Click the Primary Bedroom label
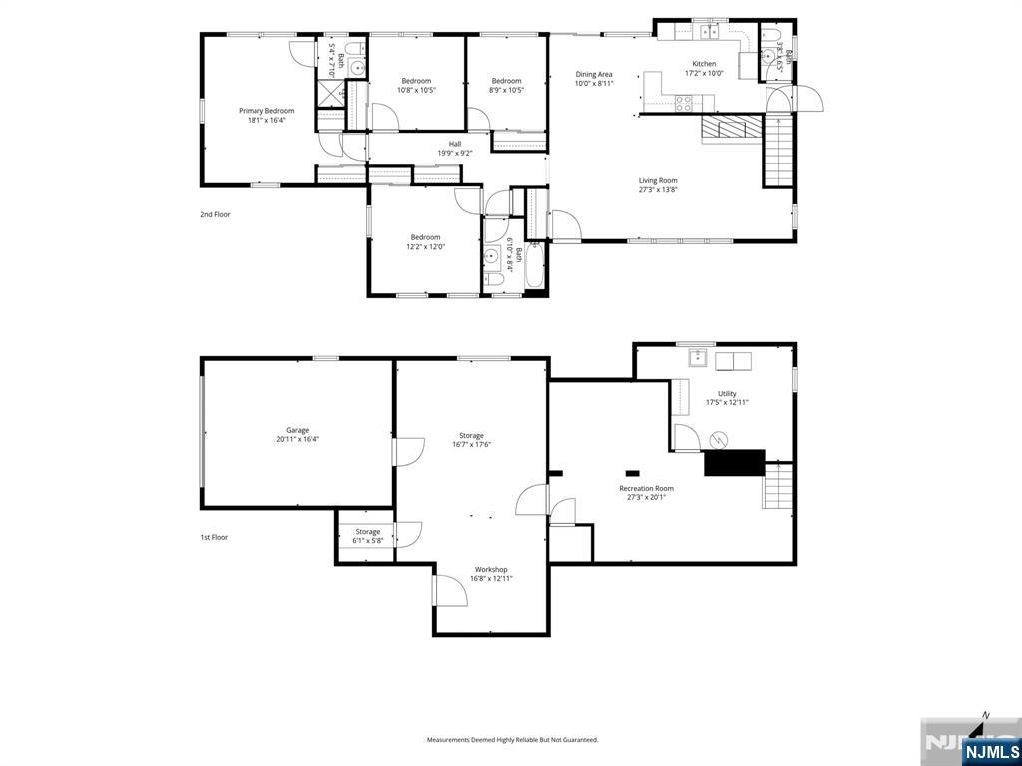(x=266, y=111)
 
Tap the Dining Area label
(x=593, y=74)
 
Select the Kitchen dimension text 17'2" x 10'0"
(x=704, y=73)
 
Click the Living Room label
(x=658, y=181)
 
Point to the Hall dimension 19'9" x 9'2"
(x=454, y=153)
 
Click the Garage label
(x=297, y=430)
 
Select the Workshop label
(x=491, y=569)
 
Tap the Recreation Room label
(x=650, y=488)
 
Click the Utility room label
(x=727, y=393)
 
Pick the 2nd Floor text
(x=215, y=214)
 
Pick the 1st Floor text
(x=214, y=537)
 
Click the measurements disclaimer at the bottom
(x=512, y=740)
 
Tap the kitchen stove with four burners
(x=685, y=101)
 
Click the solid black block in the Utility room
(x=734, y=462)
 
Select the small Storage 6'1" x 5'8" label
(x=367, y=532)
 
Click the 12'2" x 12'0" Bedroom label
(x=425, y=237)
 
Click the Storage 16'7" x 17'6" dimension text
(x=471, y=445)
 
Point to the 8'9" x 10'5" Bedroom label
(x=506, y=81)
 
